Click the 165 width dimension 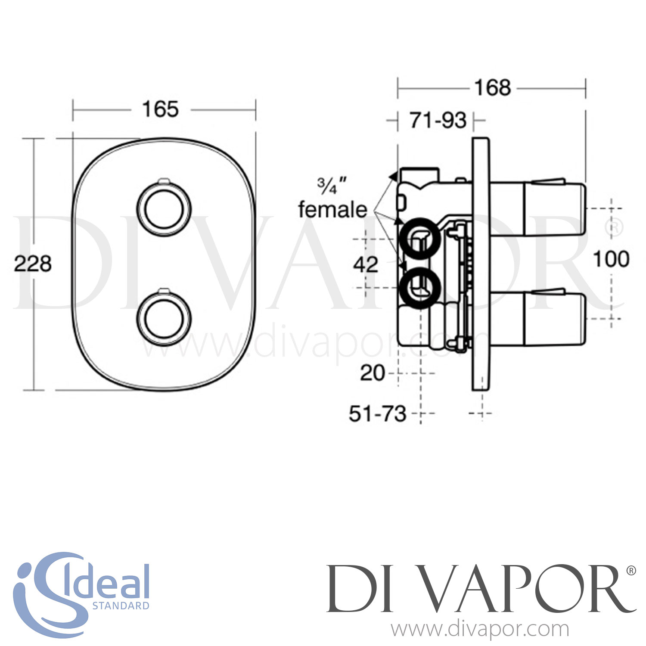(x=160, y=109)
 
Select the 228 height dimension (x=33, y=264)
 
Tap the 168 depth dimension (x=493, y=88)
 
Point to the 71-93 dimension (x=438, y=121)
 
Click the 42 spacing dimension (x=366, y=264)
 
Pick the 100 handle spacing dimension (x=611, y=259)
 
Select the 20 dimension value (x=373, y=373)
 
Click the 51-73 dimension (x=378, y=414)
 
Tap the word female (x=332, y=210)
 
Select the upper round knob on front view (x=164, y=209)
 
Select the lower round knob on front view (x=164, y=318)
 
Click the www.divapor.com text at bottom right (x=480, y=630)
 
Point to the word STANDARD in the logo (x=121, y=606)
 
